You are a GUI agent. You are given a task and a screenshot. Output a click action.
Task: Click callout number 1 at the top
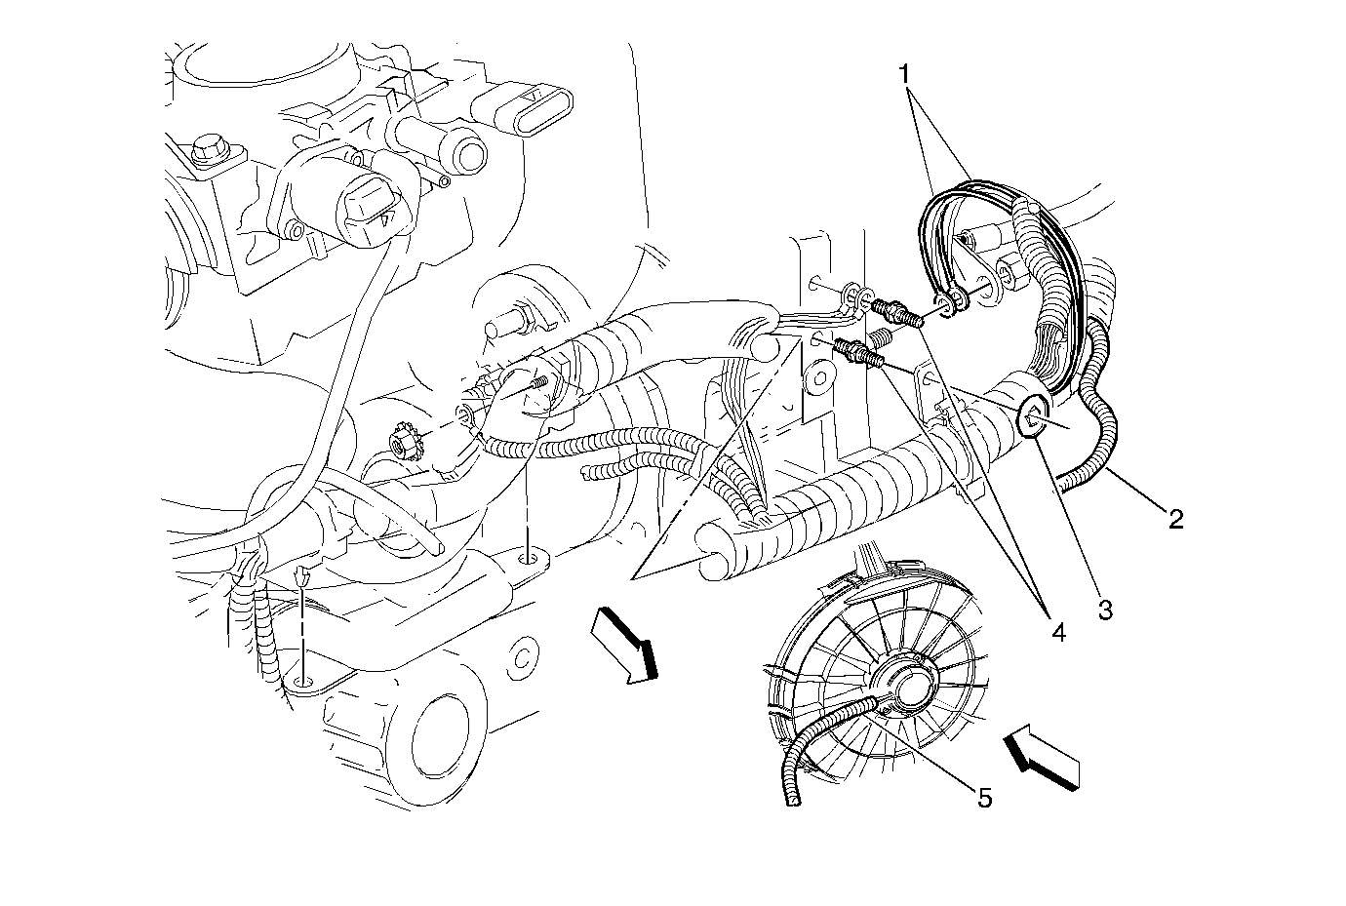click(x=905, y=73)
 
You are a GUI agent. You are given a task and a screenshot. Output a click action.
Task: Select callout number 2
click(x=1175, y=519)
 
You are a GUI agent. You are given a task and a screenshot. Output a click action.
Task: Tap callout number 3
click(x=1104, y=611)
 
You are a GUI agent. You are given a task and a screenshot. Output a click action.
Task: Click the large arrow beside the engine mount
click(x=628, y=643)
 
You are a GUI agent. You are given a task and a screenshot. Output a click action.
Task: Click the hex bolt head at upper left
click(x=207, y=152)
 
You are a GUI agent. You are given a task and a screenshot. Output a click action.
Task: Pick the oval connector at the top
click(x=531, y=108)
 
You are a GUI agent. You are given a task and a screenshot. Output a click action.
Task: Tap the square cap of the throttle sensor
click(x=369, y=208)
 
